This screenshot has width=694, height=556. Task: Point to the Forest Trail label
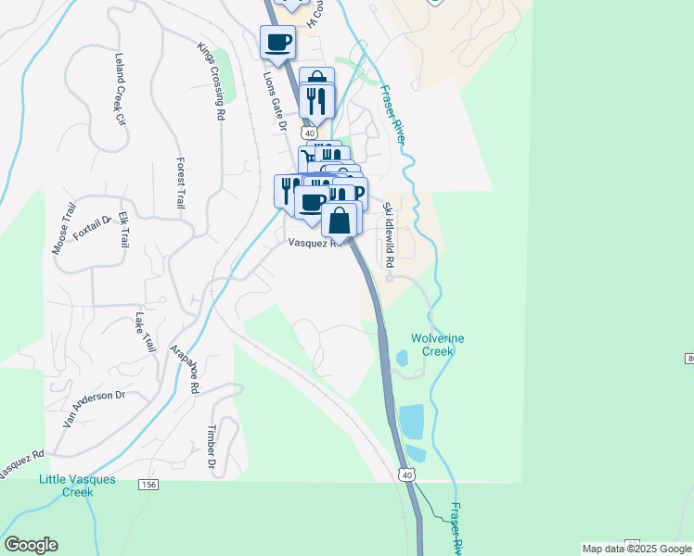tap(180, 183)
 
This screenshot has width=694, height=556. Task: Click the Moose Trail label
tap(64, 235)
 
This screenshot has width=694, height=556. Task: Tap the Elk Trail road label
tap(121, 229)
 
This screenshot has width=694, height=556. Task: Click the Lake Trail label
tap(145, 332)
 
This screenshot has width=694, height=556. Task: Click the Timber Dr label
tap(212, 448)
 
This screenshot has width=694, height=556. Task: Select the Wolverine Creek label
tap(437, 345)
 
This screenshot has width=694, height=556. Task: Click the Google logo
tap(31, 545)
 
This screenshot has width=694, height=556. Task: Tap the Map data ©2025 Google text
tap(636, 549)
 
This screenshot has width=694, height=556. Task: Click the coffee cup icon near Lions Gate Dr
tap(278, 42)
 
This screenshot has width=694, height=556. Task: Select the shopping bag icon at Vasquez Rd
tap(340, 221)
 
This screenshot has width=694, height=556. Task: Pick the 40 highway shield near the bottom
tap(407, 475)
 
